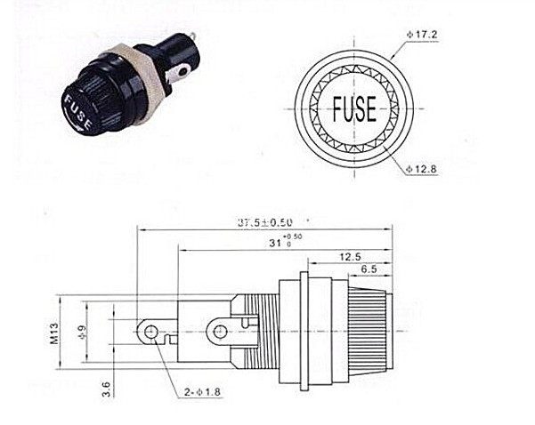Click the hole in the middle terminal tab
(x=216, y=333)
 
